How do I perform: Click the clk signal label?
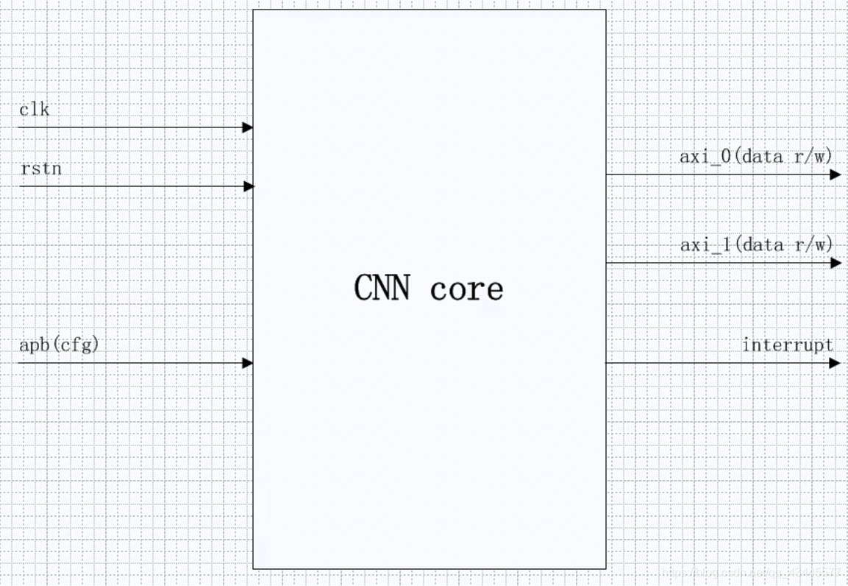(x=35, y=110)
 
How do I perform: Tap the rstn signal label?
(x=40, y=169)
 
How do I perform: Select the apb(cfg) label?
(x=59, y=345)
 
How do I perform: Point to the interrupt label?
(x=788, y=345)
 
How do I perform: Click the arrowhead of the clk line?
(x=248, y=127)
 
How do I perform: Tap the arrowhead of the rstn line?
(x=249, y=186)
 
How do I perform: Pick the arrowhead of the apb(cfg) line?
(x=248, y=363)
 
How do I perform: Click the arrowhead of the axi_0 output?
(x=835, y=174)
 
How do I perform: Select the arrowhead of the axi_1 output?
(x=835, y=263)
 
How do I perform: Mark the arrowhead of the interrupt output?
(x=835, y=363)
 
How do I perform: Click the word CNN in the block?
(x=382, y=288)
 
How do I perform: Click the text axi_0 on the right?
(x=705, y=156)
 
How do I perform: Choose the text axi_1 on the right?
(x=705, y=244)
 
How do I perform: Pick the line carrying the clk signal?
(x=132, y=127)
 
